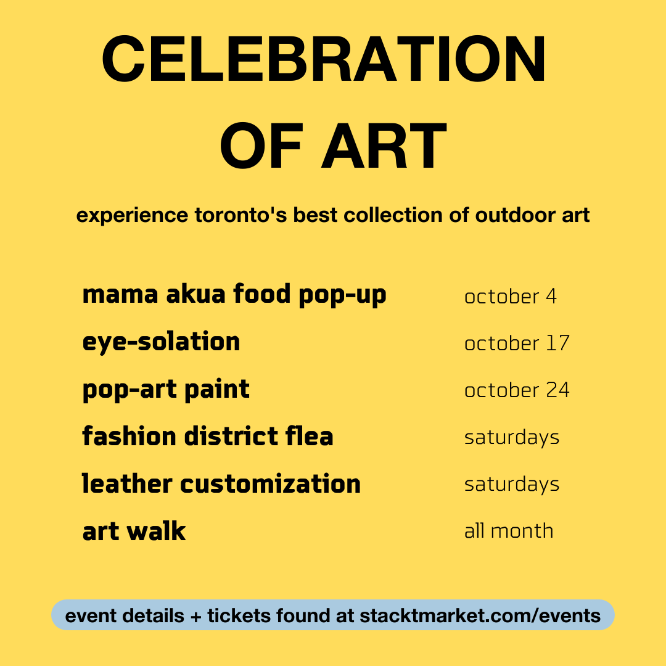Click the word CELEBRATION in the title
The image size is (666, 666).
point(324,59)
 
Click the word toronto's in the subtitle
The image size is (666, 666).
point(241,215)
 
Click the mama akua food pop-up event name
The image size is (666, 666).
point(234,295)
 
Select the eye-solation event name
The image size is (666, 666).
point(161,342)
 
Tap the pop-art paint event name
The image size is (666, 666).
point(166,390)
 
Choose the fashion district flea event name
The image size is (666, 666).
point(208,436)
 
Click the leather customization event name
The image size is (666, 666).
point(221,483)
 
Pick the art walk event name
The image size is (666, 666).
point(134,531)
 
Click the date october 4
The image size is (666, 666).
point(510,297)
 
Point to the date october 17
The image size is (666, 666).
point(517,343)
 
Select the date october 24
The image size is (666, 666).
point(517,390)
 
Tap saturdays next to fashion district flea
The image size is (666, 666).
point(512,438)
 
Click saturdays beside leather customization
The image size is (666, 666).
point(512,485)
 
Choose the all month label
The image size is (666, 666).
point(509,531)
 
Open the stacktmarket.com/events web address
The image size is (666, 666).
point(480,616)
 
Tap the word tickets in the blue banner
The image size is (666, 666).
point(239,616)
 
